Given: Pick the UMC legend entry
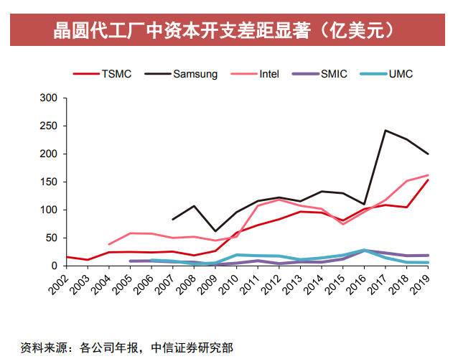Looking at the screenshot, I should click(400, 73).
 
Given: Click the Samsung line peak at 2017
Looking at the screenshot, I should click(385, 131).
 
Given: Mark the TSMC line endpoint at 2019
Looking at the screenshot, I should click(428, 180).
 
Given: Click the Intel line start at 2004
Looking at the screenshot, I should click(109, 244).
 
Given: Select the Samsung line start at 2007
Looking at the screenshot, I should click(173, 219).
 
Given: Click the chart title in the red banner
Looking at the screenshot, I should click(228, 30).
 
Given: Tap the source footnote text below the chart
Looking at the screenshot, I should click(126, 347).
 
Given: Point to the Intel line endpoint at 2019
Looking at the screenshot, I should click(428, 175).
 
